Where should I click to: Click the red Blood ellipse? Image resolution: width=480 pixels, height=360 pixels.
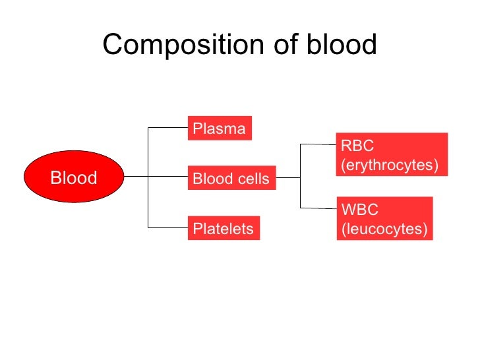point(73,177)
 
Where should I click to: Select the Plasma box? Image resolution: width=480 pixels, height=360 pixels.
point(220,129)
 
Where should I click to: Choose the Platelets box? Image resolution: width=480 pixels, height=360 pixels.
point(224,228)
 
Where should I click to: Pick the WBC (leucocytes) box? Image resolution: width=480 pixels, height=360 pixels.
point(384,219)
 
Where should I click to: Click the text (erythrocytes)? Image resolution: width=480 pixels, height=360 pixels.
point(389,165)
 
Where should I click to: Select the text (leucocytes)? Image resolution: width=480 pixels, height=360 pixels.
point(384,229)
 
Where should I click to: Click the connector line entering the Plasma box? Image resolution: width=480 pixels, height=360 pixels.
point(168,128)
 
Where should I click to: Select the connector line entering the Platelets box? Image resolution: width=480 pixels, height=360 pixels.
point(168,227)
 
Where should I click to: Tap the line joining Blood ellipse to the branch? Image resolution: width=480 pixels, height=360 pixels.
point(135,177)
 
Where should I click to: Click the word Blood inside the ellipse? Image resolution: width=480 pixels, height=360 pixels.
point(73,177)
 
